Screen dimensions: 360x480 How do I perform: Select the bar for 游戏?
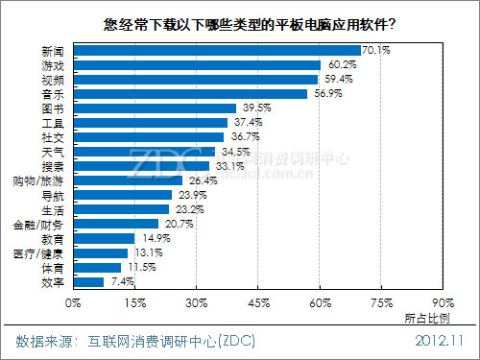[196, 64]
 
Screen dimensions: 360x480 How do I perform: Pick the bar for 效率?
[87, 282]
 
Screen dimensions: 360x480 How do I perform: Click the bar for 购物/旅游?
[127, 180]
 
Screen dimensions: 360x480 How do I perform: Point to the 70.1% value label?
[376, 50]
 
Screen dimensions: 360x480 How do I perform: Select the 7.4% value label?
[118, 282]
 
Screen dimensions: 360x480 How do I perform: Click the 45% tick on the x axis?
[258, 302]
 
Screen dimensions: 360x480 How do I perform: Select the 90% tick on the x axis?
[443, 302]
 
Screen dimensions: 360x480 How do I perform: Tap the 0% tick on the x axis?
[73, 302]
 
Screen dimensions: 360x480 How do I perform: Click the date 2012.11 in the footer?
[440, 341]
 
